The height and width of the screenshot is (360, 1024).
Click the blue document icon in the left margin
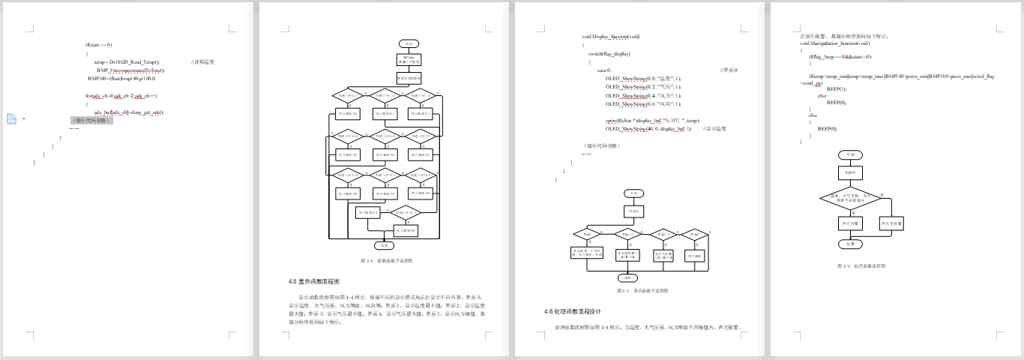pos(12,119)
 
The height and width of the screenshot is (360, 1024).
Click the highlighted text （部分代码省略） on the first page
pos(91,119)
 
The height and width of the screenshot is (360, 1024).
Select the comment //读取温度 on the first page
pos(202,61)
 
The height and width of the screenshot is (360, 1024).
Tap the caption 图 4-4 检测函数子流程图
pos(386,260)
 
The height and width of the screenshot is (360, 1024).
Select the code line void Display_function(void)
pos(611,36)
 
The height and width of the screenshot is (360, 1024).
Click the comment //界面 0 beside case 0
pos(729,70)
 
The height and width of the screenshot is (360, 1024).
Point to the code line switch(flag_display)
pos(609,54)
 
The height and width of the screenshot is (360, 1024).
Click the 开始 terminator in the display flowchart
pos(633,193)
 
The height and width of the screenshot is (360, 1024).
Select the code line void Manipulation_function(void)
pos(839,43)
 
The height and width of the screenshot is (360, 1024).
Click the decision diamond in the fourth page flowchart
pos(849,198)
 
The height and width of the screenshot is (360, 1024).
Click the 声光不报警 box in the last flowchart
pos(892,223)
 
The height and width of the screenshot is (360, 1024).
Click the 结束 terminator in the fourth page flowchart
pos(850,244)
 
